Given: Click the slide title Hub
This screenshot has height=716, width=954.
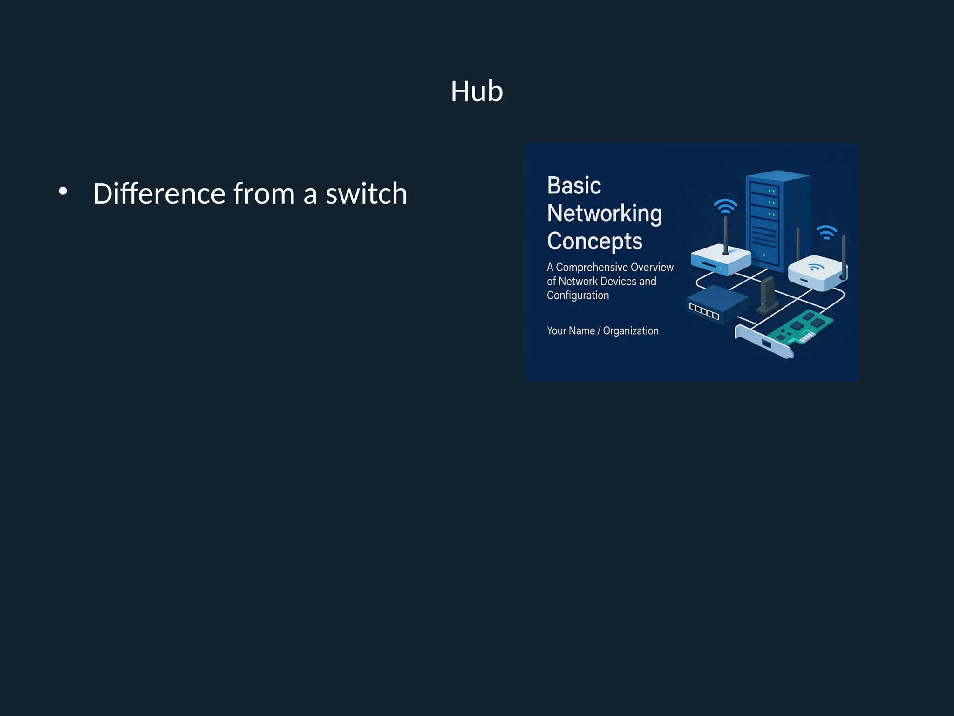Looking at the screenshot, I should click(477, 91).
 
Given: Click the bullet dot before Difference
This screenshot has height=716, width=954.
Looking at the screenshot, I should click(63, 191).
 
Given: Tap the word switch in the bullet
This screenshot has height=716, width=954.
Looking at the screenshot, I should click(366, 193).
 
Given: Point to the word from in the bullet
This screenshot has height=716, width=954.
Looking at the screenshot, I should click(264, 193).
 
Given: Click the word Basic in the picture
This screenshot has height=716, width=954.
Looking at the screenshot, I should click(574, 186).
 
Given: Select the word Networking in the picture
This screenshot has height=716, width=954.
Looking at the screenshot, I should click(604, 213).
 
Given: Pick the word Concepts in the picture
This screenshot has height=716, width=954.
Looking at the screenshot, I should click(594, 241).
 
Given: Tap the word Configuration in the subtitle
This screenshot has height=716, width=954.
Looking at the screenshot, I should click(578, 296).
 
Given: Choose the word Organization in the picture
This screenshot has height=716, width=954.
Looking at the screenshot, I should click(631, 331).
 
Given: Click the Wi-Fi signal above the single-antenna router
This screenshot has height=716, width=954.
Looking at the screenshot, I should click(725, 206).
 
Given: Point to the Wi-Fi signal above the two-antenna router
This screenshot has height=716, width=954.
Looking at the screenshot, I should click(826, 232).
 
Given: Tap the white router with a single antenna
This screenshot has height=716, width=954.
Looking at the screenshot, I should click(720, 260).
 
